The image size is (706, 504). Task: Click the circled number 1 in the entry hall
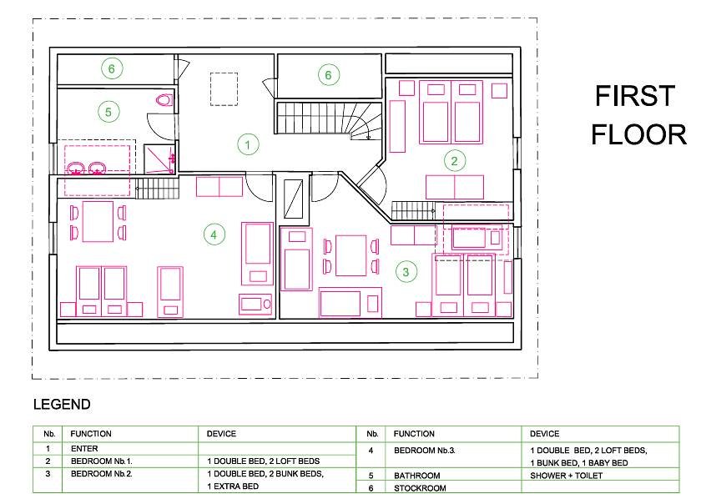coord(248,144)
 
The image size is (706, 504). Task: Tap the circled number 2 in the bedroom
coord(454,161)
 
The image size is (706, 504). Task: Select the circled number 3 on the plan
coord(406,272)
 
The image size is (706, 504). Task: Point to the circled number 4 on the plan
coord(214,234)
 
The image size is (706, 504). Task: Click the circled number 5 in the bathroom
coord(108,112)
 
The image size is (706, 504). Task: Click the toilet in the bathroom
coord(164,99)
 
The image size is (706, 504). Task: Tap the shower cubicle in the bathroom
coord(159,159)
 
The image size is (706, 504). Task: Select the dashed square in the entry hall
coord(224,89)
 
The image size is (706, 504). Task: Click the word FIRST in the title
coord(635,96)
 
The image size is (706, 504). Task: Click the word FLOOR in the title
coord(638,134)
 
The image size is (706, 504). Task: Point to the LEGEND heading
coord(62,405)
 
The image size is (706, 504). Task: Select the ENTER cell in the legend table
coord(84,449)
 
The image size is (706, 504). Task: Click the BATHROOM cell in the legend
coord(417,476)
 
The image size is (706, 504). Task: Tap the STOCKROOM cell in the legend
coord(420,488)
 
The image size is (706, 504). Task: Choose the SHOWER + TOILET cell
coord(566,476)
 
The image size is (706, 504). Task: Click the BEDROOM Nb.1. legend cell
coord(102,461)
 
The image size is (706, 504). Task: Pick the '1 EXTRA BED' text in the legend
coord(233,486)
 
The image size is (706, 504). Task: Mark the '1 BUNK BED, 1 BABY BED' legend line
coord(579,463)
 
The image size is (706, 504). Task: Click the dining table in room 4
coord(98,222)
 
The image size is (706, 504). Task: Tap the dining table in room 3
coord(351,256)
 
